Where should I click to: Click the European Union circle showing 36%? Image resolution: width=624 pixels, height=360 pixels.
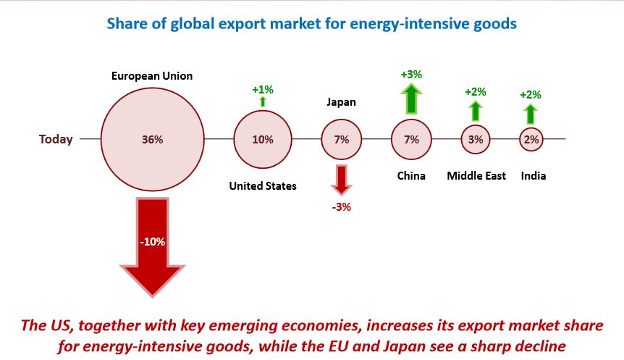153,140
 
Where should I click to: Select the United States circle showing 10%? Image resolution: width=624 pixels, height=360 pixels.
262,140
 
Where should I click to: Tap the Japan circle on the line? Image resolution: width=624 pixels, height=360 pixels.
341,140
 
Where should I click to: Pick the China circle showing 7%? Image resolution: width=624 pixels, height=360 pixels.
411,140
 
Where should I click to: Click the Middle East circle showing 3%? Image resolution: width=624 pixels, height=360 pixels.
476,140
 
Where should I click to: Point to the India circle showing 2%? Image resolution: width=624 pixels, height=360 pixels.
531,140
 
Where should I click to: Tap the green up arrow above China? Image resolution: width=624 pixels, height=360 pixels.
411,99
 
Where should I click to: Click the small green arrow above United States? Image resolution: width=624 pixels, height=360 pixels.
262,102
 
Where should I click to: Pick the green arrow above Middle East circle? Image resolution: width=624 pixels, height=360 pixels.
476,110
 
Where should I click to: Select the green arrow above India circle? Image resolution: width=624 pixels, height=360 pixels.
531,114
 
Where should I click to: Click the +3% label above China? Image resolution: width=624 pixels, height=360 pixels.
411,74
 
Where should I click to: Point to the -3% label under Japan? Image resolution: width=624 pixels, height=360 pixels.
341,207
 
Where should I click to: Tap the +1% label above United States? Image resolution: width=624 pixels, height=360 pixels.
262,89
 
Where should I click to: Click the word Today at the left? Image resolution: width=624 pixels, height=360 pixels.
56,140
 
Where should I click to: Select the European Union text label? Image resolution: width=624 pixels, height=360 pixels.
152,76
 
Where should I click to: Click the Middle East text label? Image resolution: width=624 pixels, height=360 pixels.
476,176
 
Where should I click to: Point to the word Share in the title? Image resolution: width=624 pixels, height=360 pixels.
126,24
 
